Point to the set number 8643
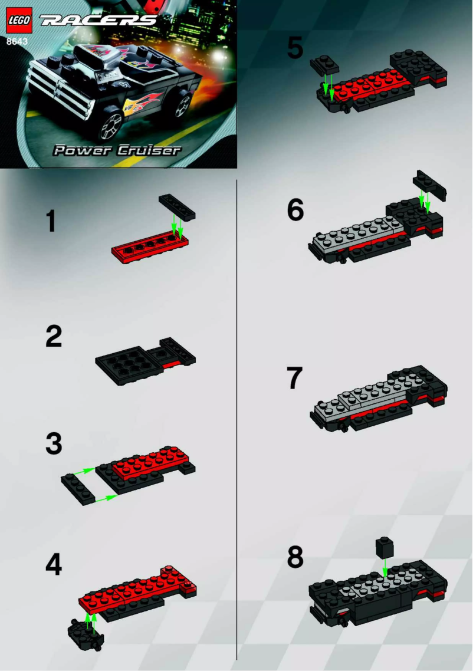click(17, 41)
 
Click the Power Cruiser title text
click(117, 150)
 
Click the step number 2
click(54, 337)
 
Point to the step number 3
click(54, 444)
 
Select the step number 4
click(54, 565)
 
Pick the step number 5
click(295, 48)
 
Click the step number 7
click(295, 379)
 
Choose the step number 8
click(295, 557)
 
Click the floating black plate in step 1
click(177, 208)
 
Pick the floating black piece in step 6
click(431, 185)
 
